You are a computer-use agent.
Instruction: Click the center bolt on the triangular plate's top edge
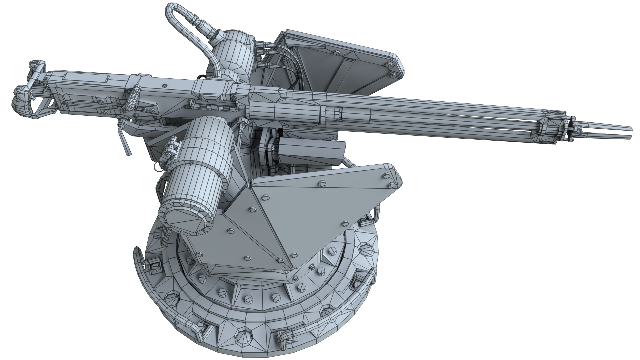coord(322,183)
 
